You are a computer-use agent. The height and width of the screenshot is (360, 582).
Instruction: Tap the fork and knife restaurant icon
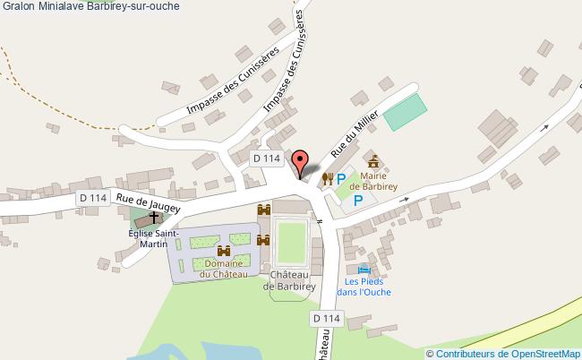326,179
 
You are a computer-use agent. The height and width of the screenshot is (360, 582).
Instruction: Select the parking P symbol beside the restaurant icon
341,179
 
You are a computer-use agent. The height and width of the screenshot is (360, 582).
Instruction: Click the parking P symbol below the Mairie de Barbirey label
358,201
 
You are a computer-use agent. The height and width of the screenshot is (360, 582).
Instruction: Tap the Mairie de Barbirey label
373,182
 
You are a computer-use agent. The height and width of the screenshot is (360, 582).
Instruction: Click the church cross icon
154,218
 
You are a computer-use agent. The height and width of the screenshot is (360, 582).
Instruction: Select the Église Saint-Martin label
154,239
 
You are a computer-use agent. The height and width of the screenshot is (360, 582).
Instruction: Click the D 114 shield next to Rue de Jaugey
92,198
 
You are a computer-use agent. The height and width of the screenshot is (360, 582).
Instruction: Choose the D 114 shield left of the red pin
266,159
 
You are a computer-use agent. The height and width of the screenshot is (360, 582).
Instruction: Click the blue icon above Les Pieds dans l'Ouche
363,269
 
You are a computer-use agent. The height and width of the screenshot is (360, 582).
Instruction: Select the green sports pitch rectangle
406,111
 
